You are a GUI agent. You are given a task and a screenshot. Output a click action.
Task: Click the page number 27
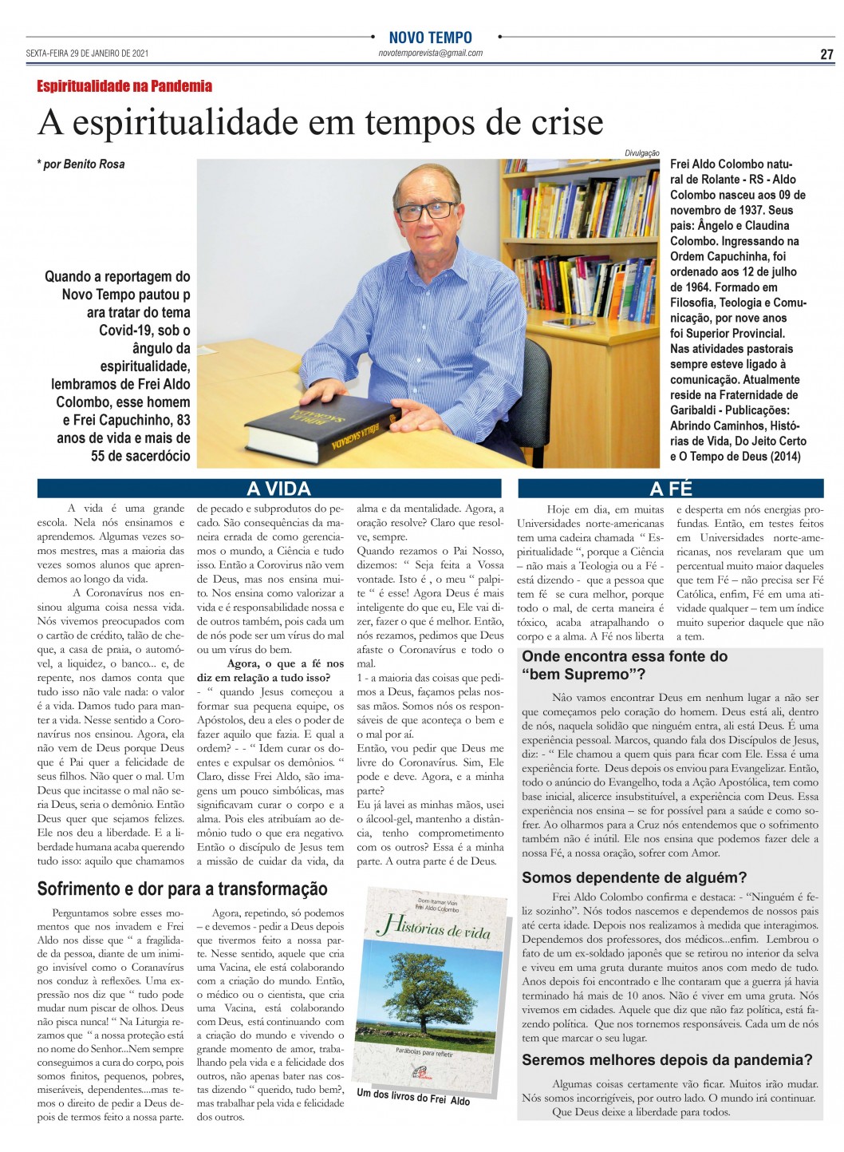(x=826, y=54)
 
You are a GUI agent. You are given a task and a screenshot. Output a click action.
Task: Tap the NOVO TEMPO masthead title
(x=430, y=38)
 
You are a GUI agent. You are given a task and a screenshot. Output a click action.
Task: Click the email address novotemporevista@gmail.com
(x=430, y=53)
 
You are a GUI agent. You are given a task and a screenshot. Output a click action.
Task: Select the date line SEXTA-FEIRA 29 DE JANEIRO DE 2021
(x=87, y=54)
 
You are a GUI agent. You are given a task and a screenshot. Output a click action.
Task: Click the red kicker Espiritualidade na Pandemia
(x=124, y=86)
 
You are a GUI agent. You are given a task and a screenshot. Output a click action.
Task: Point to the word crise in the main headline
(x=558, y=122)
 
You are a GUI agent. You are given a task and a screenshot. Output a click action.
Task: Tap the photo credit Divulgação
(x=642, y=153)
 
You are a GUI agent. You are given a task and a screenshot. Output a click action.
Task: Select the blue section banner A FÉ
(x=671, y=489)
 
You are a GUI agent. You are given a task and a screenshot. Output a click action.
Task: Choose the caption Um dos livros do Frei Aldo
(x=413, y=1098)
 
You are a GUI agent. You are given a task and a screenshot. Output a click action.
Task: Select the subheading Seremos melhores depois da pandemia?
(x=667, y=1060)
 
